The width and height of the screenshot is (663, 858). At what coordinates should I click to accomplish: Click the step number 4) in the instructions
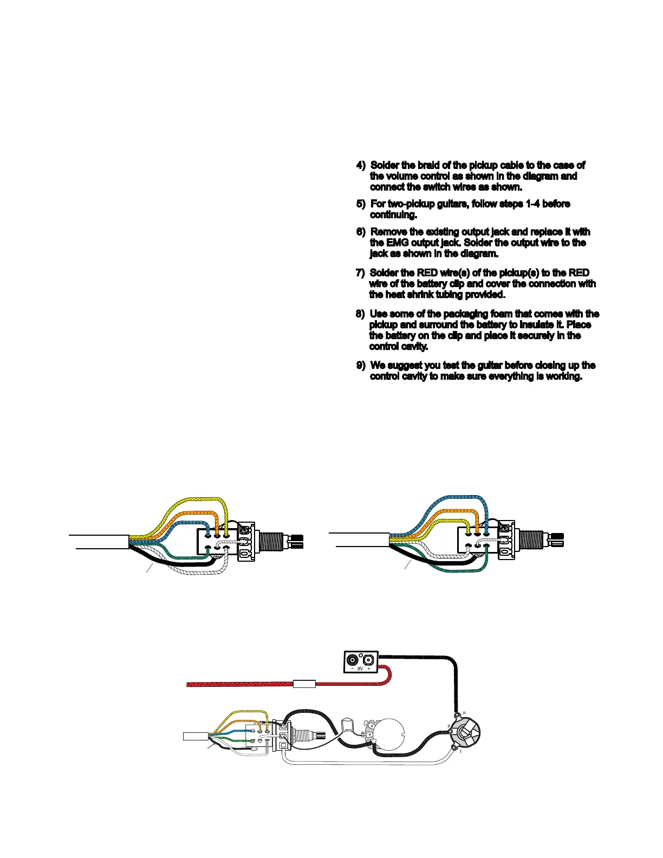(361, 165)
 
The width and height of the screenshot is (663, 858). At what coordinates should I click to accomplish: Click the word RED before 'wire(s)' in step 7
(427, 272)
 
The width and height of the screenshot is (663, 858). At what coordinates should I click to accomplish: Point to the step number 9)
(361, 366)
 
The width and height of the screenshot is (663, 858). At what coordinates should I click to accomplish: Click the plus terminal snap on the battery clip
(369, 660)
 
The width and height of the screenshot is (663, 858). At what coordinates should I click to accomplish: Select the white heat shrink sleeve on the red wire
(304, 684)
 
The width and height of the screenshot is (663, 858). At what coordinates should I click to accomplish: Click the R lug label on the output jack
(464, 713)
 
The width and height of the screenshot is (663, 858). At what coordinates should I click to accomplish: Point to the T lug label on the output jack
(461, 751)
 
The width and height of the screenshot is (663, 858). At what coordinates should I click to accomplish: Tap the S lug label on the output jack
(448, 726)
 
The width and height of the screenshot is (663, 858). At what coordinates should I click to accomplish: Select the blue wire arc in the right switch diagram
(460, 497)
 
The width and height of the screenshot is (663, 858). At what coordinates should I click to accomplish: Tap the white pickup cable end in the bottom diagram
(195, 736)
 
